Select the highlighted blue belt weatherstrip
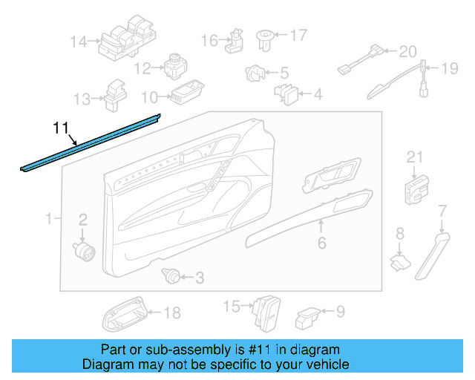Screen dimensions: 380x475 coord(89,142)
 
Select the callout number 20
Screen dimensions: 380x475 coord(407,52)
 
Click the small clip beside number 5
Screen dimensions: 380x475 coord(254,73)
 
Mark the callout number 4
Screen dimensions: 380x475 coord(317,94)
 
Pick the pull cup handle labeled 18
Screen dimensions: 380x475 coord(124,315)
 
